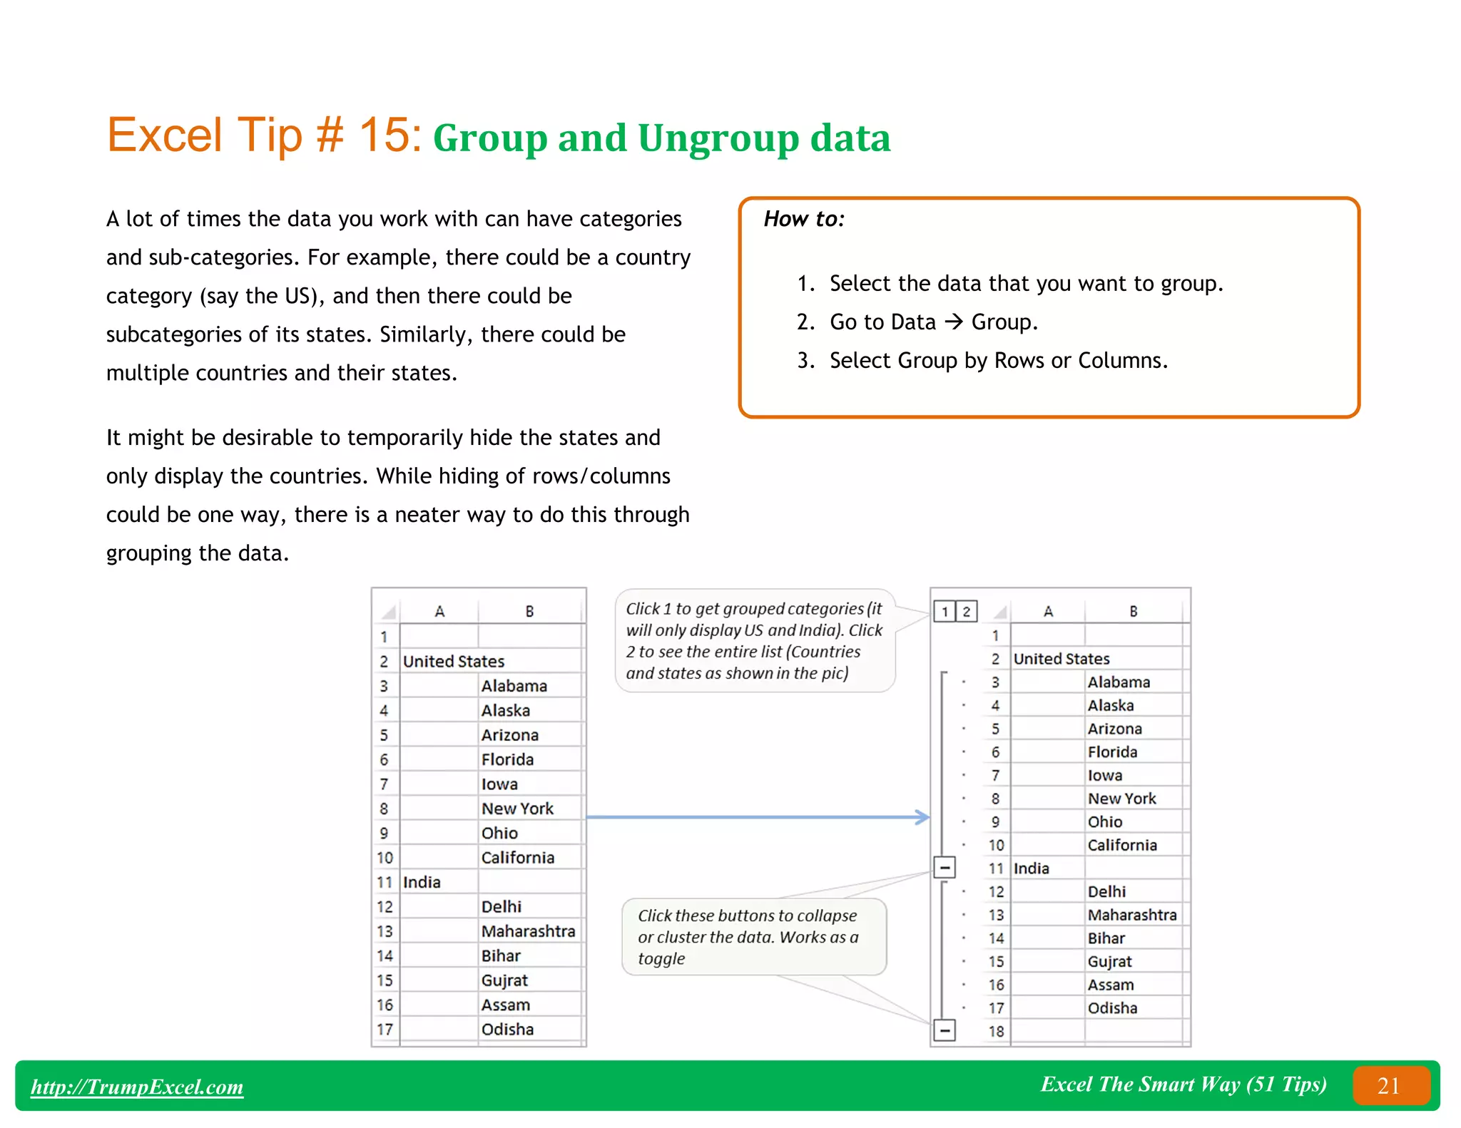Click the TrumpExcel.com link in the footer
137,1086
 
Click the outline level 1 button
944,612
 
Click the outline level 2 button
966,612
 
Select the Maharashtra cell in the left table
527,931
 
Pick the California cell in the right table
1121,845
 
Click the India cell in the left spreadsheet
422,882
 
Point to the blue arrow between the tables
756,817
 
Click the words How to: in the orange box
803,219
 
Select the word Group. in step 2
1004,322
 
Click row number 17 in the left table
385,1029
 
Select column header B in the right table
1133,611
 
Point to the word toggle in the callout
661,959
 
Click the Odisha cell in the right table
1111,1008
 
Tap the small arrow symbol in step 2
953,322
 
